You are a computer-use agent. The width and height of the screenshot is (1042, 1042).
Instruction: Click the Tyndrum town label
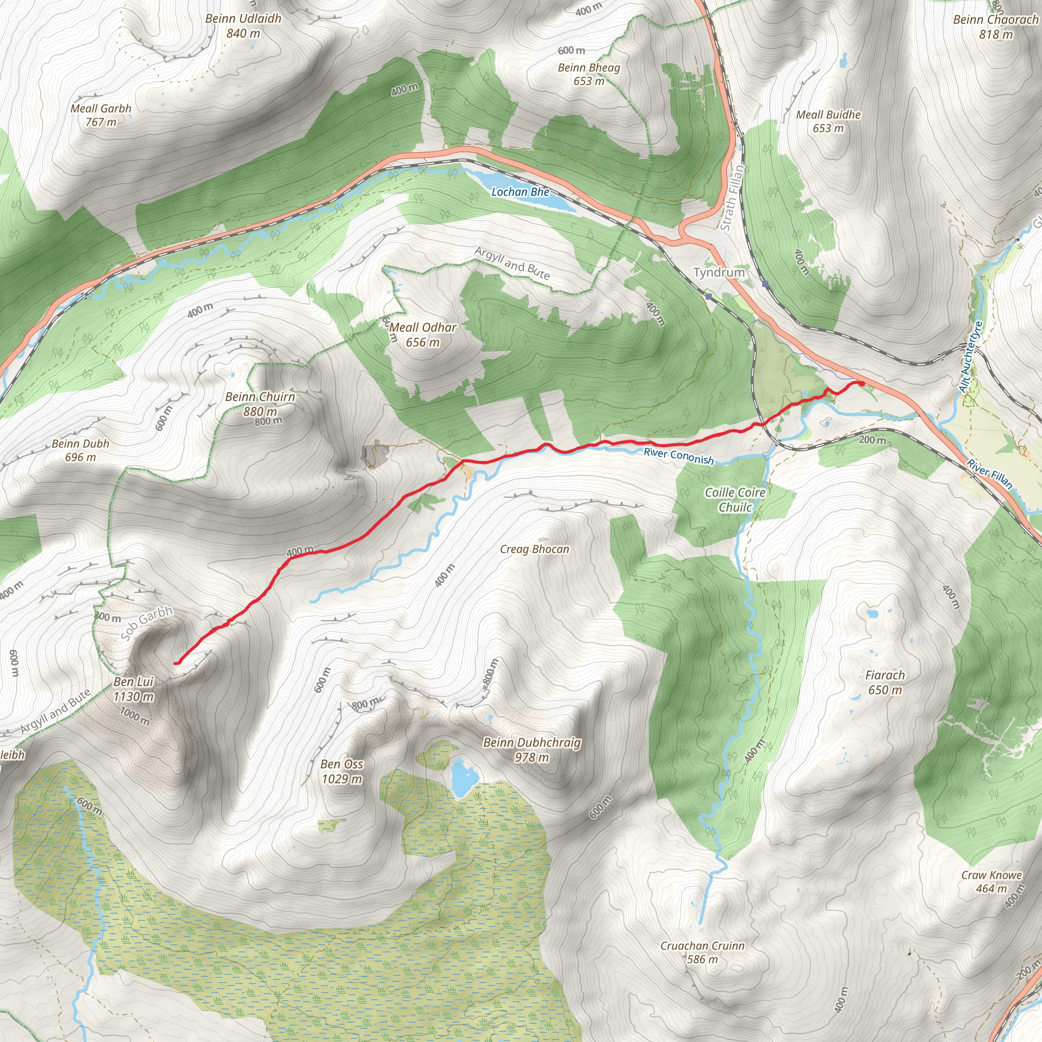pyautogui.click(x=718, y=272)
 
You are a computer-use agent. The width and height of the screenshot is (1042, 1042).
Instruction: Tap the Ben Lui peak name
pyautogui.click(x=134, y=682)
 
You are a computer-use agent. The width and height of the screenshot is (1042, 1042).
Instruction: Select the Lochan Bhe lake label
pyautogui.click(x=520, y=192)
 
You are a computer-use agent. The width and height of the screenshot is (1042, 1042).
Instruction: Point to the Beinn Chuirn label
pyautogui.click(x=260, y=397)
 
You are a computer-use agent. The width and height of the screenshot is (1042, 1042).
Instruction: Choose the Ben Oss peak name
pyautogui.click(x=341, y=764)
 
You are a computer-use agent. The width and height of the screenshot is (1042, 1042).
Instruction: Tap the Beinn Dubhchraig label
pyautogui.click(x=532, y=743)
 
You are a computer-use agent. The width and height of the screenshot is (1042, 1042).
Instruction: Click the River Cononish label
pyautogui.click(x=679, y=456)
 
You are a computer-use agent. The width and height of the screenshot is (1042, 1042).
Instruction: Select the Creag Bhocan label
pyautogui.click(x=535, y=549)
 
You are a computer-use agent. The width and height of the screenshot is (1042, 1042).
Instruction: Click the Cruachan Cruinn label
pyautogui.click(x=702, y=946)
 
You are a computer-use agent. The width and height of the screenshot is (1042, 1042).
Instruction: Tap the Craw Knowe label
pyautogui.click(x=991, y=875)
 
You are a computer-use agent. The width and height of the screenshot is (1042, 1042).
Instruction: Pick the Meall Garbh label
pyautogui.click(x=101, y=108)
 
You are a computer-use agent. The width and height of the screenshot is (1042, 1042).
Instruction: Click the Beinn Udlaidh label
pyautogui.click(x=243, y=19)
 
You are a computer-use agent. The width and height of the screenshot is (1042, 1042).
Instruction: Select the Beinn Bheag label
pyautogui.click(x=589, y=68)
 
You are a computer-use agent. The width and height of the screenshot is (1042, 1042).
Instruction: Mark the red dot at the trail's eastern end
pyautogui.click(x=861, y=383)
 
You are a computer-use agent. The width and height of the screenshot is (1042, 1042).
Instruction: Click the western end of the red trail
pyautogui.click(x=176, y=662)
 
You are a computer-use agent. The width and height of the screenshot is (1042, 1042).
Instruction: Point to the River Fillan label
pyautogui.click(x=989, y=474)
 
